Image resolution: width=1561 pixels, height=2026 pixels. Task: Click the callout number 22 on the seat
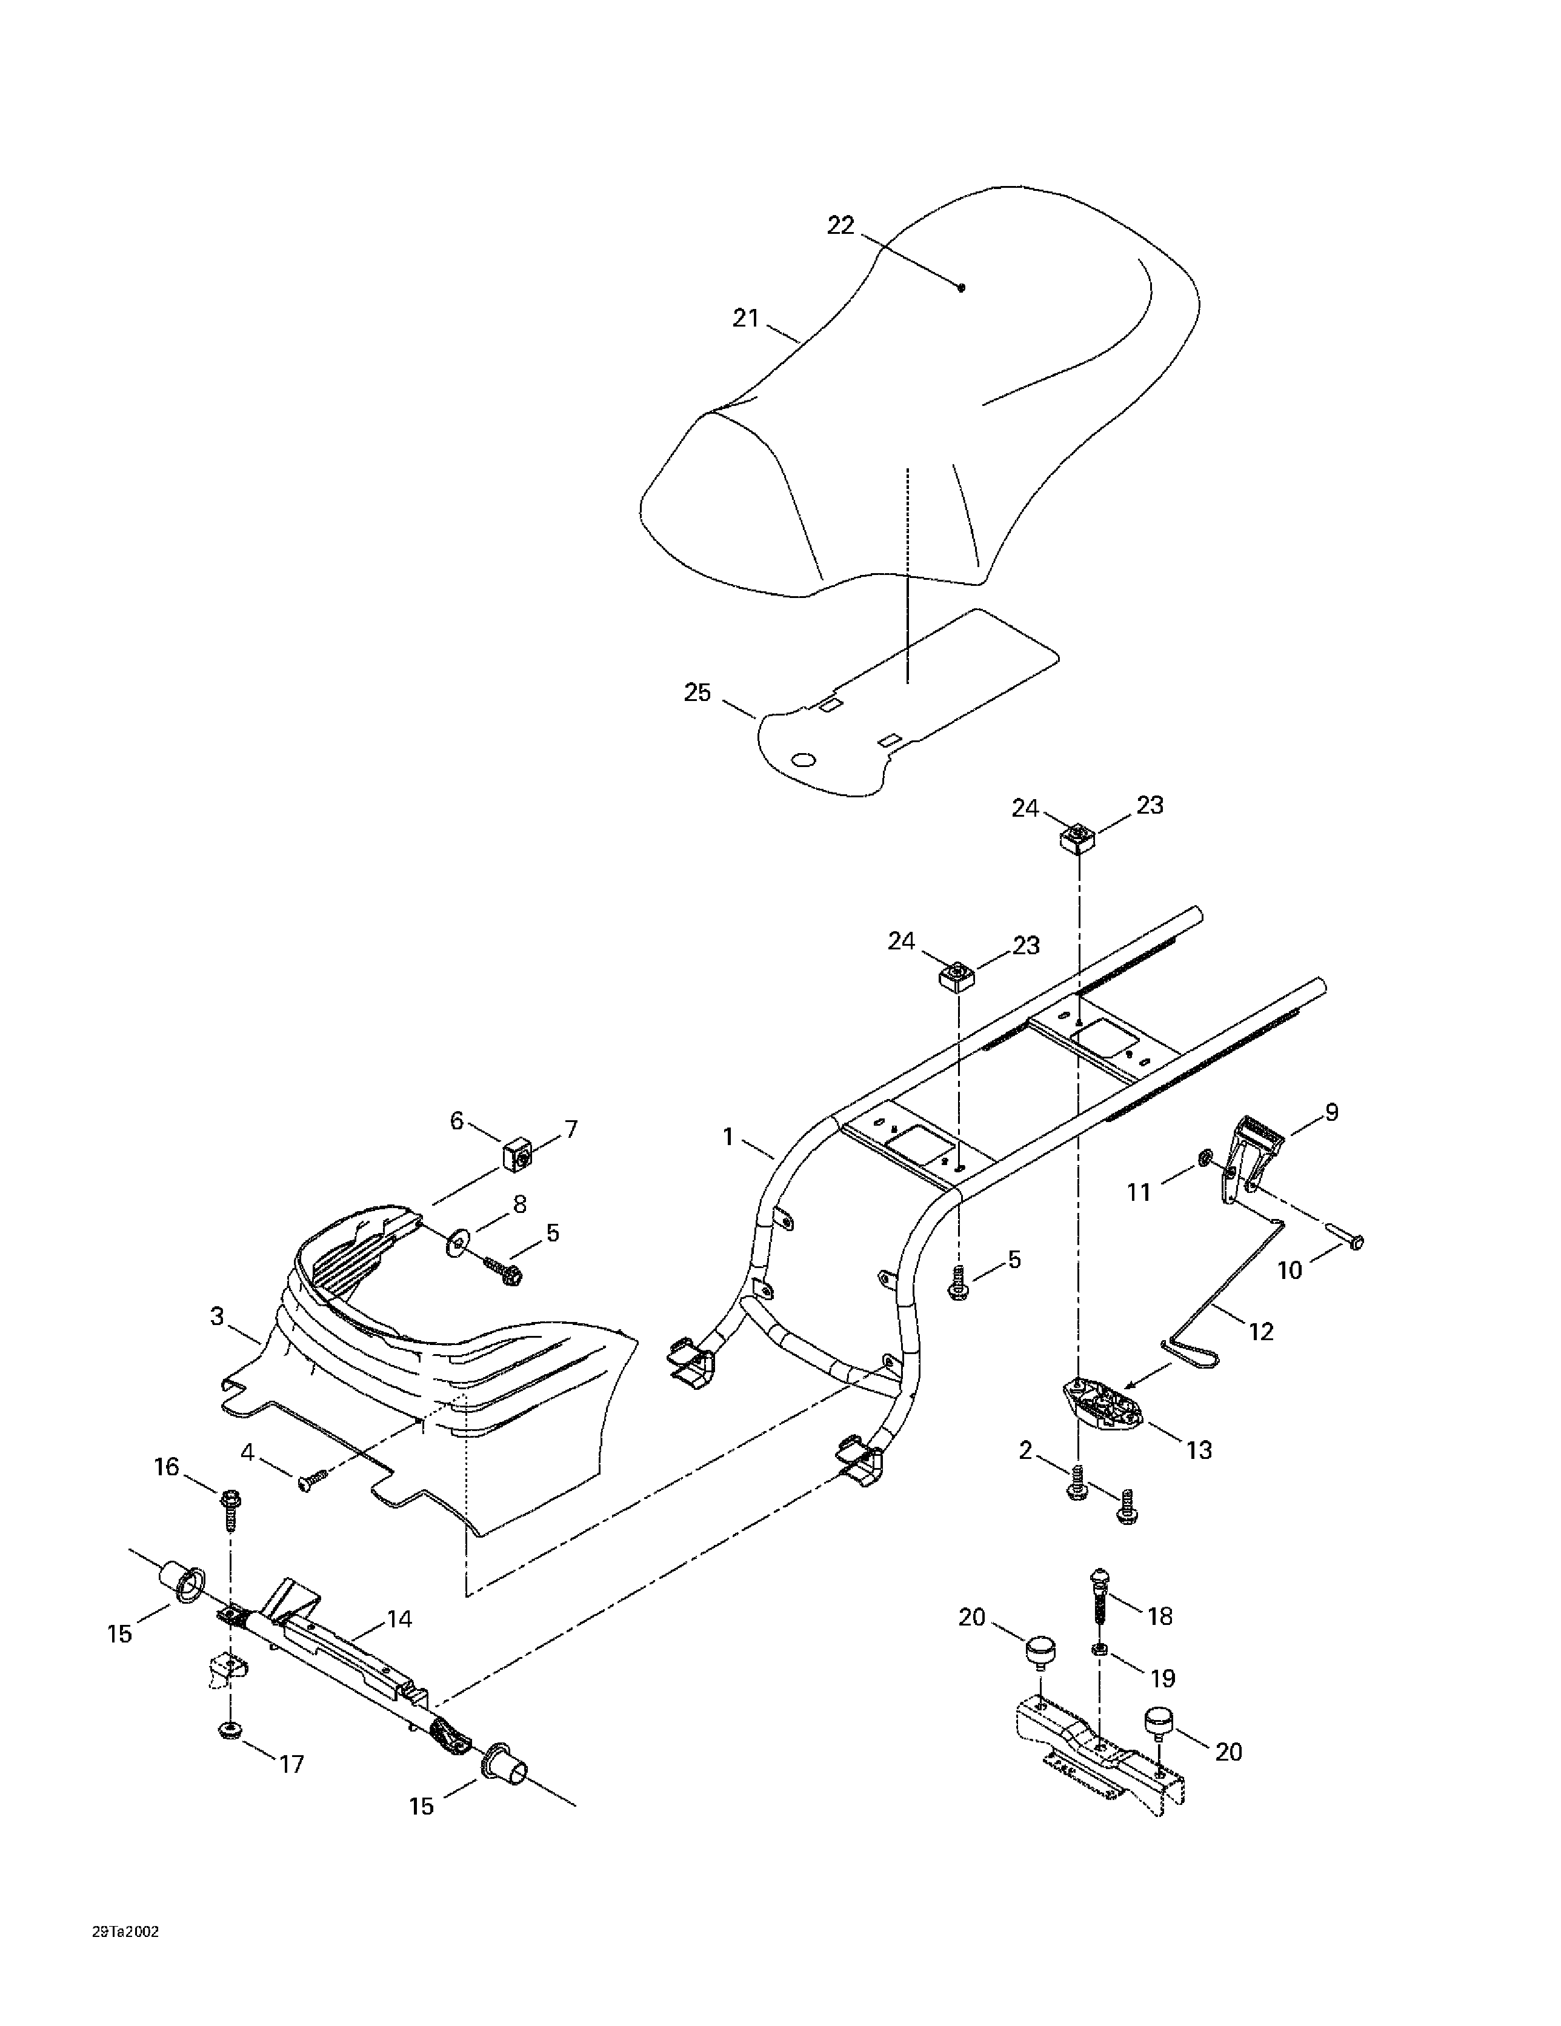click(x=840, y=225)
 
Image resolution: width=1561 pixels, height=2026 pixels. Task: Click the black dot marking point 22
click(x=962, y=288)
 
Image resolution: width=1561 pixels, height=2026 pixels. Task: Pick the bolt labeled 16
click(x=229, y=1507)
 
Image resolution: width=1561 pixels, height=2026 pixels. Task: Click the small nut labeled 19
click(x=1099, y=1649)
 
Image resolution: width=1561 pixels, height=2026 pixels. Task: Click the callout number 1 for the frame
click(x=728, y=1137)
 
